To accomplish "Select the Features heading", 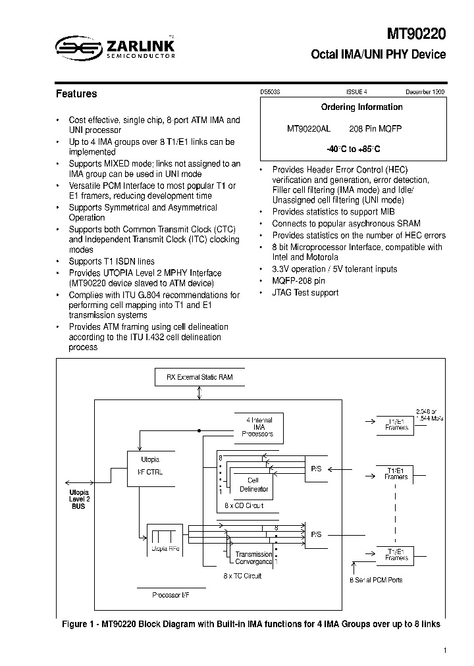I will coord(76,94).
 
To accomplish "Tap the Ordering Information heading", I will coord(361,107).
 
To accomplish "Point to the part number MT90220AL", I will coord(308,129).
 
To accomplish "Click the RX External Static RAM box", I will coord(199,377).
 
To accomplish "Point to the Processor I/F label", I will coord(170,594).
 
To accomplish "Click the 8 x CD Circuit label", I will coord(244,505).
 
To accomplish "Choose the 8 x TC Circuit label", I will coord(242,576).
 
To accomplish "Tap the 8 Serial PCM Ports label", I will coord(375,580).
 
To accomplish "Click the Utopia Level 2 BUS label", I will coord(78,499).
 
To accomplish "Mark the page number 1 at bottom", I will coord(445,651).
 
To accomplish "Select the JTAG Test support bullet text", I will coord(305,293).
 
